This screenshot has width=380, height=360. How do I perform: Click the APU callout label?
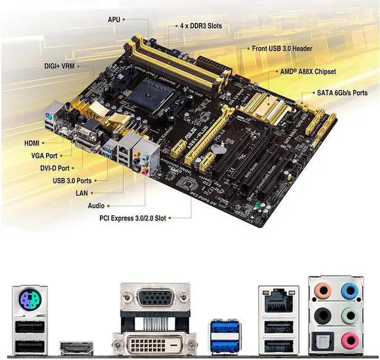(x=114, y=20)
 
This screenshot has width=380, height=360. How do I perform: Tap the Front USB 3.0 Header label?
(x=282, y=48)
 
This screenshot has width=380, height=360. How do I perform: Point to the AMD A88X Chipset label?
(x=308, y=71)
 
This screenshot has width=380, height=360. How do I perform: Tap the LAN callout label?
(x=81, y=193)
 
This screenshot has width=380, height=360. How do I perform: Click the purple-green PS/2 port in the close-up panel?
(x=29, y=302)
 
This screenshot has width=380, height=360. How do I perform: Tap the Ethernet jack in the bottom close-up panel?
(x=277, y=302)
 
